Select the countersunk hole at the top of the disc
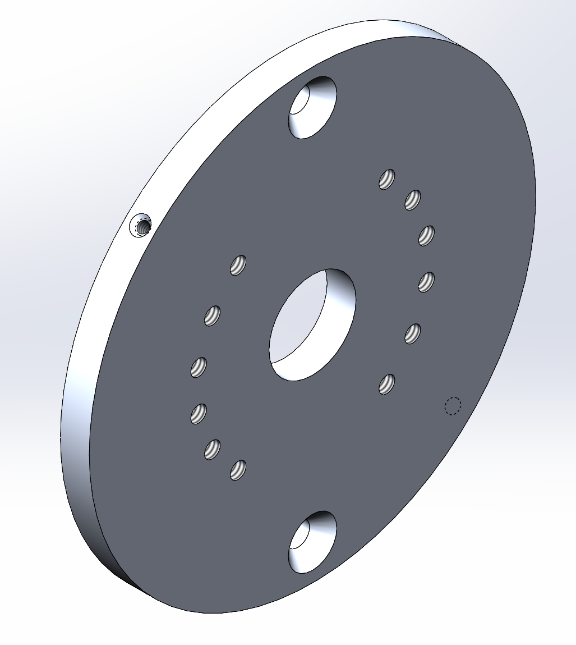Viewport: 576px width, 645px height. [x=312, y=107]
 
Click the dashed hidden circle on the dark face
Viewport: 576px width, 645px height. [x=453, y=405]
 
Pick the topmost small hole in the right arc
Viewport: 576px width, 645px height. [x=387, y=179]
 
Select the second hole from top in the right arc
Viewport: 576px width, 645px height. [x=413, y=200]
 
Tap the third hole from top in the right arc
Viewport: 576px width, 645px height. [x=427, y=235]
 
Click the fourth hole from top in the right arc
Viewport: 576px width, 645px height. [x=427, y=281]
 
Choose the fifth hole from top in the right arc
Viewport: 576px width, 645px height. [x=413, y=333]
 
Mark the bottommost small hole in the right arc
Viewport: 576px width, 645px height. [x=387, y=384]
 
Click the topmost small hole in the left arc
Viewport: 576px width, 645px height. [x=238, y=264]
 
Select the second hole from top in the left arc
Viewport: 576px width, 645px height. [x=212, y=315]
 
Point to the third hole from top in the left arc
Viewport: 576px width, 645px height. [x=199, y=367]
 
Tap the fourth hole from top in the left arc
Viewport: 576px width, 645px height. [x=199, y=414]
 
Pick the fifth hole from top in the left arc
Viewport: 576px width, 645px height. [x=212, y=449]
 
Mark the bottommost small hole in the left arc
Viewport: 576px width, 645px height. [x=238, y=469]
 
